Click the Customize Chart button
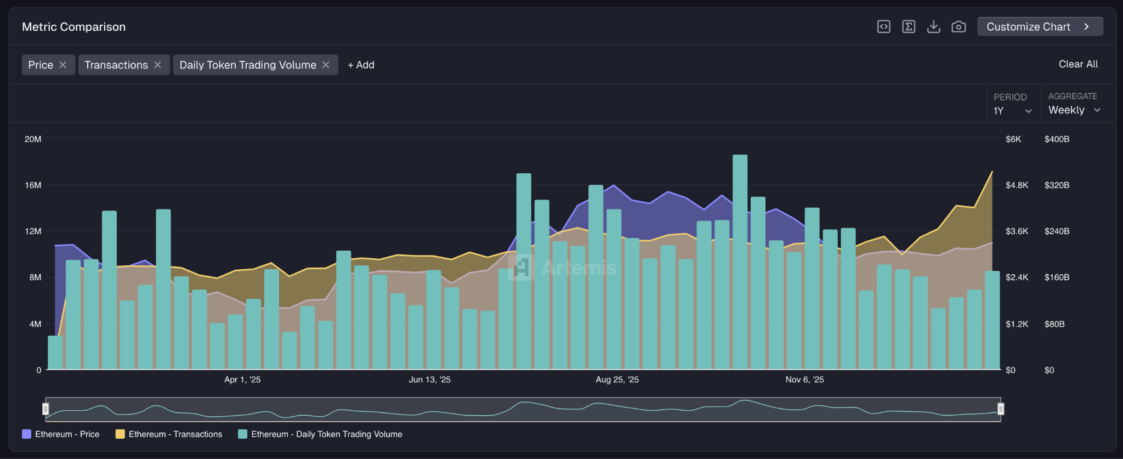(x=1040, y=27)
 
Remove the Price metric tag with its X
(x=63, y=65)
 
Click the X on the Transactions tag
(x=157, y=65)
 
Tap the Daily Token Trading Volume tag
(x=248, y=65)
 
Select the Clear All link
(x=1077, y=64)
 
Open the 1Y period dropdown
(x=1012, y=111)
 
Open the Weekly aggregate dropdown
(x=1074, y=110)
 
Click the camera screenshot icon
(x=958, y=27)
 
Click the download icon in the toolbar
(x=933, y=27)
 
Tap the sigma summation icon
(x=909, y=27)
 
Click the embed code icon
(x=883, y=27)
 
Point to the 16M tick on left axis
(x=33, y=185)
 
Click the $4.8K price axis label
(x=1016, y=185)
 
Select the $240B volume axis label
(x=1057, y=231)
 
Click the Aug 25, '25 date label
(x=617, y=379)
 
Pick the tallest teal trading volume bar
(x=740, y=263)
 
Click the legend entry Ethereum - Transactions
(x=175, y=434)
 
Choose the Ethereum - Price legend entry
(x=66, y=434)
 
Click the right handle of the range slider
(x=1000, y=409)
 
